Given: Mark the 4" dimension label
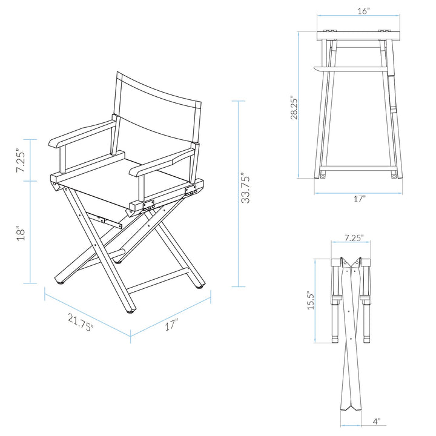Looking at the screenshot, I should [x=376, y=420].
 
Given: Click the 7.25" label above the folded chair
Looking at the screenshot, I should [x=354, y=238].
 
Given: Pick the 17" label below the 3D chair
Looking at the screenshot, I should [x=171, y=325].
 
